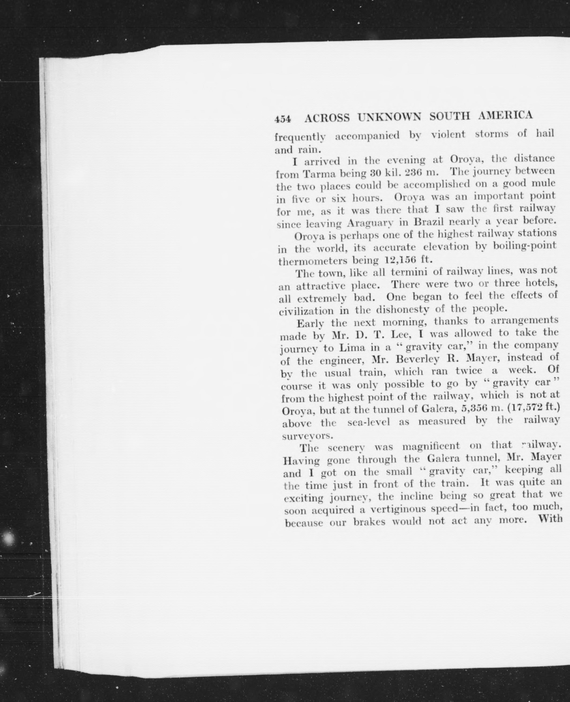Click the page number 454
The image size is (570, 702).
pyautogui.click(x=283, y=119)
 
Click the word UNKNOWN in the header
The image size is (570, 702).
pyautogui.click(x=389, y=117)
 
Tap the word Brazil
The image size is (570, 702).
pyautogui.click(x=429, y=222)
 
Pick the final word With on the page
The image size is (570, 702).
pyautogui.click(x=550, y=520)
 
